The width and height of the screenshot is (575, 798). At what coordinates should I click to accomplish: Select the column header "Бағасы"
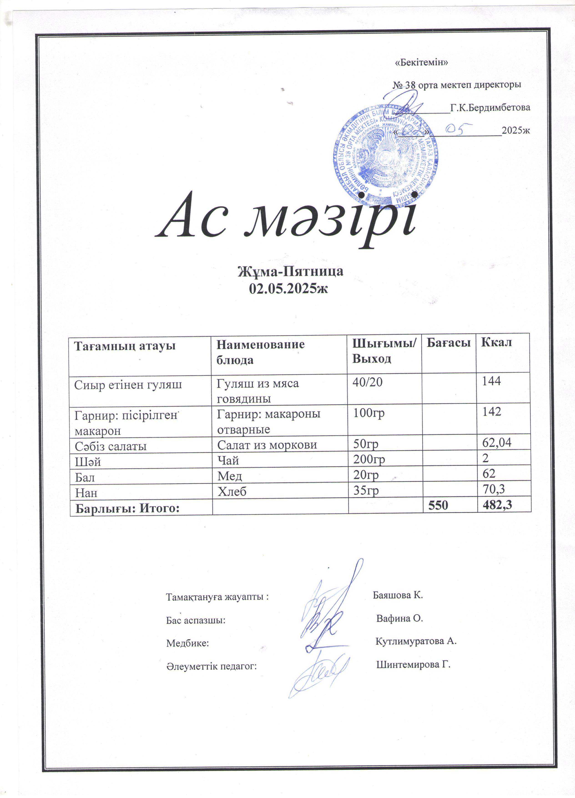coord(448,342)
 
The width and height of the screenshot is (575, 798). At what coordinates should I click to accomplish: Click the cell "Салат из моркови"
coord(267,445)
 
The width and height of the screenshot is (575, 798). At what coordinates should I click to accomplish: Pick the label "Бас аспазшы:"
coord(196,620)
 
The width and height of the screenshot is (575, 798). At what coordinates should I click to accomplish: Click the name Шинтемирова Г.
coord(413,665)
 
